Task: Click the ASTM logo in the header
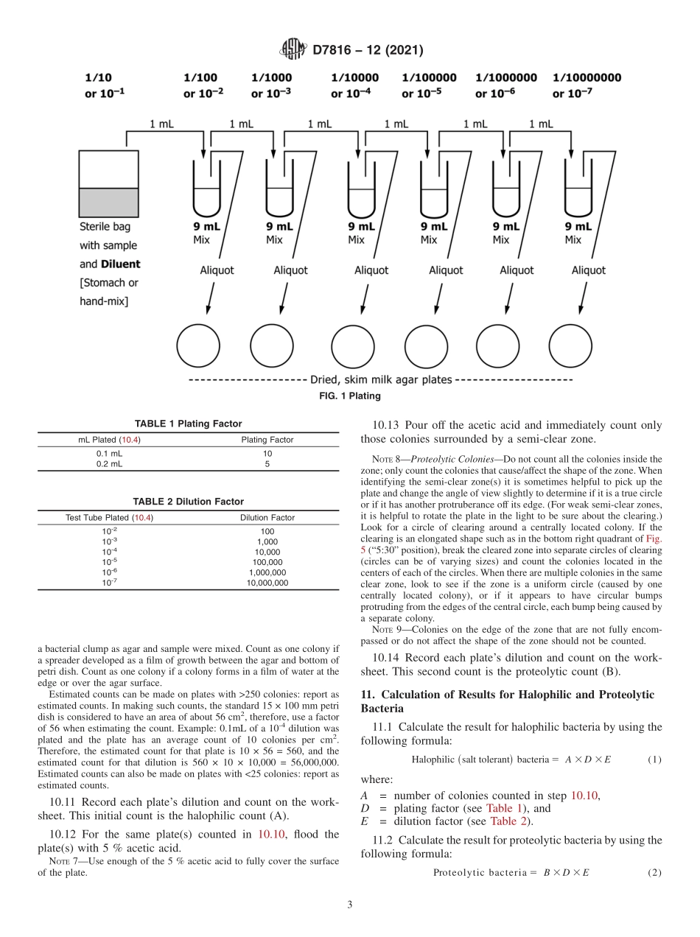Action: [x=293, y=50]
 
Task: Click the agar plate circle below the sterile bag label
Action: [x=198, y=345]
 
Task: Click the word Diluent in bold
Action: [x=121, y=264]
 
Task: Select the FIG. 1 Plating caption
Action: [x=350, y=396]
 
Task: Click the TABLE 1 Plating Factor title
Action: [x=188, y=424]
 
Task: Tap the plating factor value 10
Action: [x=267, y=454]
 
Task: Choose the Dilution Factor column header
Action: [x=267, y=518]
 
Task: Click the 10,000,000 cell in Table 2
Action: [x=267, y=583]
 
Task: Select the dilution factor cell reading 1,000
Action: [x=267, y=541]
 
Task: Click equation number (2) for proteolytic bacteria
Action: [x=654, y=873]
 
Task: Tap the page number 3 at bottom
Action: [x=350, y=905]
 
